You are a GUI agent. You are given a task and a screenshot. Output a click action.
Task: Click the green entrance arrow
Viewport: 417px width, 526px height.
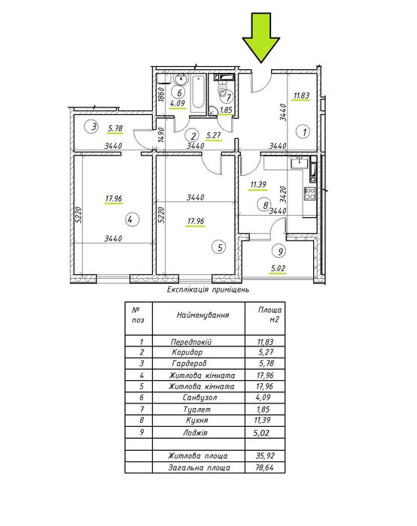click(260, 37)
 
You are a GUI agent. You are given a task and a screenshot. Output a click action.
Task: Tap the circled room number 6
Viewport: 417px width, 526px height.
click(179, 92)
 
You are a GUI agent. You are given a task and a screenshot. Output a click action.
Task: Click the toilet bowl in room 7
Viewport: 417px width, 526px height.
click(222, 87)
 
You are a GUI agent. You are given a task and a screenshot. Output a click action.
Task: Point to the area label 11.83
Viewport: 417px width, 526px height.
click(301, 95)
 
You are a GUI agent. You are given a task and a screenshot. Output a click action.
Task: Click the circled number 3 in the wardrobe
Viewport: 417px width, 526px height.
click(94, 127)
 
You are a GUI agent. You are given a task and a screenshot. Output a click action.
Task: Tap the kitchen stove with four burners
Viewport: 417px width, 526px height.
click(310, 193)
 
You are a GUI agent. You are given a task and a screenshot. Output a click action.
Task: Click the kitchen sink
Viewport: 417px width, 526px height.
click(300, 162)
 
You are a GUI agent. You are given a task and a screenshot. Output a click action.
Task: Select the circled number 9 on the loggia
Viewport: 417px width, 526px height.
click(280, 250)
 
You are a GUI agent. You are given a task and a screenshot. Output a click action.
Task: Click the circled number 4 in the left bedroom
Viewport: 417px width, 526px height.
click(132, 220)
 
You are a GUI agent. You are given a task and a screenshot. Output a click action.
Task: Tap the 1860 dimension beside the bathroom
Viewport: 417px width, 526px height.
click(160, 94)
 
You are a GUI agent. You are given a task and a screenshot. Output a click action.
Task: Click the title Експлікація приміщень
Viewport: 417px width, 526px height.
click(208, 289)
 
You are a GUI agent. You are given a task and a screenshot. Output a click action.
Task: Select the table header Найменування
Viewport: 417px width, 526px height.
click(202, 315)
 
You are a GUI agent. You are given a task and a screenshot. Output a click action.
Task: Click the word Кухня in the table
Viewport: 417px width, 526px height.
click(197, 420)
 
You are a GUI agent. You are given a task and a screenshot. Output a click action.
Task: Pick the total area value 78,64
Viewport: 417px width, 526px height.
click(264, 467)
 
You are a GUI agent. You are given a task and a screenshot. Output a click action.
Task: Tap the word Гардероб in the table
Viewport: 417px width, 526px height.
click(189, 363)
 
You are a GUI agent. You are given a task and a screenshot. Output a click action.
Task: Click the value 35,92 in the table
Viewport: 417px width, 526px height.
click(265, 456)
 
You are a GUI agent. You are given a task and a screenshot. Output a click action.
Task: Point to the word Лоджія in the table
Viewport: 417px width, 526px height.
click(195, 432)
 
